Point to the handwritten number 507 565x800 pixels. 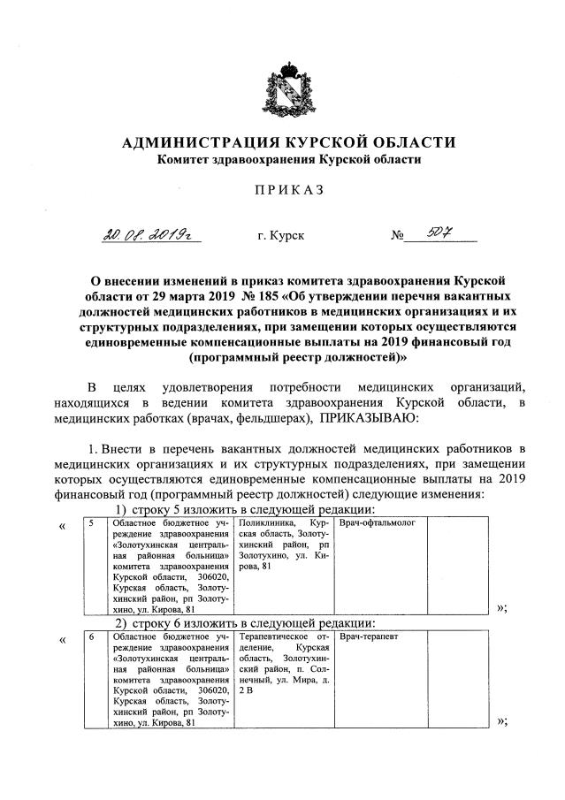441,233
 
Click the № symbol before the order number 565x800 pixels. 398,237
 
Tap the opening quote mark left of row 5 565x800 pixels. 62,528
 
